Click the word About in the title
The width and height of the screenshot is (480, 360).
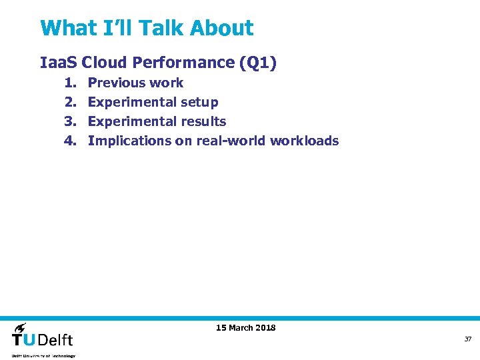221,29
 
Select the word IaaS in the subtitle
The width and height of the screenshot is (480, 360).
59,63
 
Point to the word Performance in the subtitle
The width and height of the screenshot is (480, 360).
183,63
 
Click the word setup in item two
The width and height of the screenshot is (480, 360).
199,102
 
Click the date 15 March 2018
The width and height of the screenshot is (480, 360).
245,327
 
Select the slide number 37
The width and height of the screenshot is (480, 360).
468,339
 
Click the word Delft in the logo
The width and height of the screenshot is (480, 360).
55,339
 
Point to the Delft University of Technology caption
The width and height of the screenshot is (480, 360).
43,356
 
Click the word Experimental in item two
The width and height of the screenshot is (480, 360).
129,102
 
